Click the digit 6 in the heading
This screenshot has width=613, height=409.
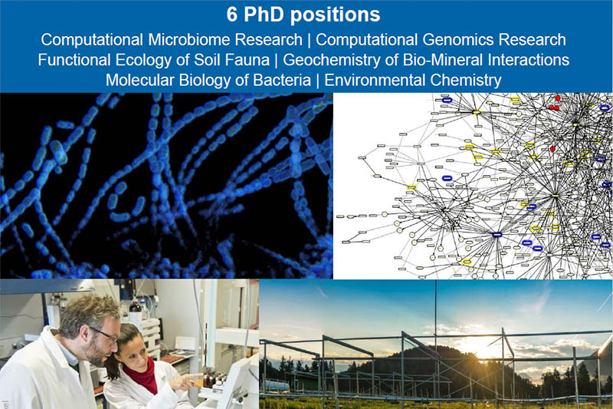pyautogui.click(x=231, y=15)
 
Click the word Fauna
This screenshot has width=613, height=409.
pyautogui.click(x=249, y=60)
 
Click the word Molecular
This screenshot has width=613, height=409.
pyautogui.click(x=139, y=80)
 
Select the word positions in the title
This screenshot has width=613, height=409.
pyautogui.click(x=336, y=15)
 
